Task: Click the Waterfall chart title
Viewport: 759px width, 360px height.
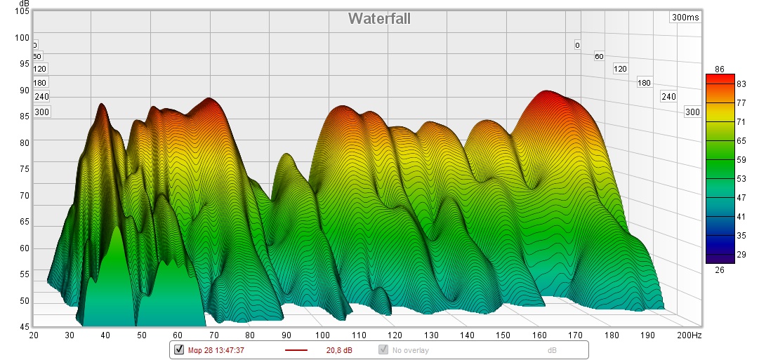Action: [379, 19]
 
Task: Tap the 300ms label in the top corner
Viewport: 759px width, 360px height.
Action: [685, 18]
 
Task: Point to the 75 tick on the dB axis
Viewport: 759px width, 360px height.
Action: [23, 169]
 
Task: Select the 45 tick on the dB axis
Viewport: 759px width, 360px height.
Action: [23, 327]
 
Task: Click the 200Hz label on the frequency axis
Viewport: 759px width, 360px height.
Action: [689, 335]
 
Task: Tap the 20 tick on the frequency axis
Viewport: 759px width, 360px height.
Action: [34, 335]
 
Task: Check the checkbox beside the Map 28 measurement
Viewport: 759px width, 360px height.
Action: [179, 349]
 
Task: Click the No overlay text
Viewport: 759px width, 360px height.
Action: [411, 349]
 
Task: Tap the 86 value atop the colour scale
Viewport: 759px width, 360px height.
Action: [720, 69]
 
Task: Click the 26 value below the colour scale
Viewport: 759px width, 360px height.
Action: [720, 269]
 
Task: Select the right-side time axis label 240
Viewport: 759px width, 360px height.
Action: [668, 97]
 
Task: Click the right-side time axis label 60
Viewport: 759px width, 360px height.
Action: [599, 56]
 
